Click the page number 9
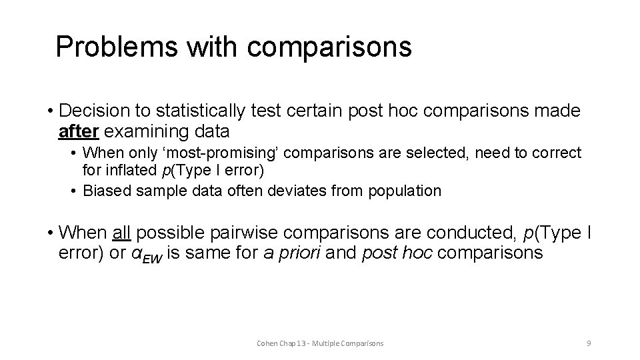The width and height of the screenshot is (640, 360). pos(589,343)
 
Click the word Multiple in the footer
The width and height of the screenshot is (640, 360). pos(332,343)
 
